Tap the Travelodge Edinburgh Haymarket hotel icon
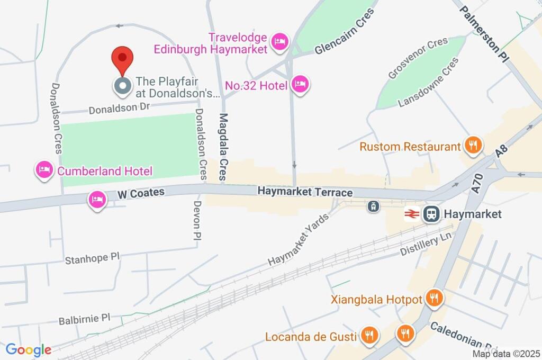pos(279,41)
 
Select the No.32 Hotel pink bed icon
pos(300,84)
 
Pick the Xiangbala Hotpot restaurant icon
pos(434,298)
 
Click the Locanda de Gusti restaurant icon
pos(368,335)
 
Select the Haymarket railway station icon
pos(431,214)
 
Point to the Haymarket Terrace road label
pos(305,192)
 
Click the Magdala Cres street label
pos(223,147)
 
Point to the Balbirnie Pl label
pos(84,319)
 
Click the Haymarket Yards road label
pos(298,239)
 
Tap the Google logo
pos(29,349)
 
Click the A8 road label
pos(502,151)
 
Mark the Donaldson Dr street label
pos(119,109)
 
